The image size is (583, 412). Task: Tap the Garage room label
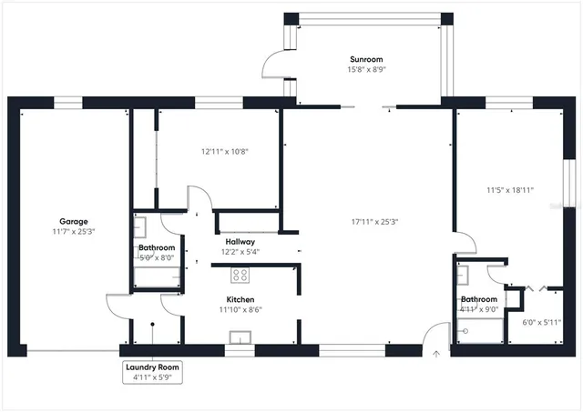point(74,221)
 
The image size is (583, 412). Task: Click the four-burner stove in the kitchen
point(240,275)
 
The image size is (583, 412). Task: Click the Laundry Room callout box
point(152,371)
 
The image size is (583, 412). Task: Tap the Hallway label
point(241,242)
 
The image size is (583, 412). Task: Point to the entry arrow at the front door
point(436,355)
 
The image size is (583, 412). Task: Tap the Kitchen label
point(240,299)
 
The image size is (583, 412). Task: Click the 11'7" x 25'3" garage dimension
point(74,233)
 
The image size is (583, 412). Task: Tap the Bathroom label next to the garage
point(157,247)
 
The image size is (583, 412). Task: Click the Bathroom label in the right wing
point(478,299)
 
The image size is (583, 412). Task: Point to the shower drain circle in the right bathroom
point(465,332)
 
